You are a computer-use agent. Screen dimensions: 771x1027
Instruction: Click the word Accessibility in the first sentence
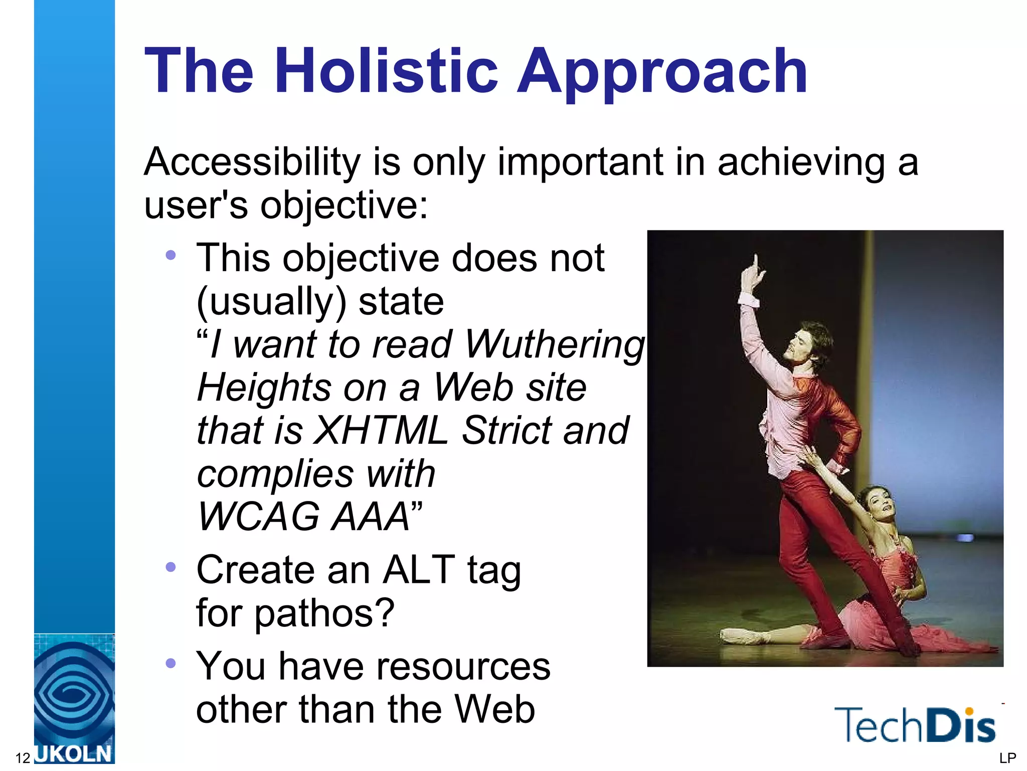[x=252, y=163]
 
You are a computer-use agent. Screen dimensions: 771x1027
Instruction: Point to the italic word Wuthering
[x=555, y=345]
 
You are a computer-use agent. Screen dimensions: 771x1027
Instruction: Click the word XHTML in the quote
[x=381, y=431]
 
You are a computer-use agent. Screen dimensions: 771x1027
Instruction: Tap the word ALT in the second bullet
[x=419, y=570]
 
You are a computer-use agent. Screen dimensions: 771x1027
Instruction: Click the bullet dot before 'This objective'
[x=170, y=255]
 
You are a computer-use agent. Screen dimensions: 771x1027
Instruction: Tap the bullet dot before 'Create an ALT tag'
[x=170, y=567]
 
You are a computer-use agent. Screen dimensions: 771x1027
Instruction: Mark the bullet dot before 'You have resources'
[x=170, y=664]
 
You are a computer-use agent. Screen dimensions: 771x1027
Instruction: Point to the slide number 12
[x=23, y=758]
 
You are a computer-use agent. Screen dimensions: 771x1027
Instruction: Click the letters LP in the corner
[x=1007, y=758]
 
